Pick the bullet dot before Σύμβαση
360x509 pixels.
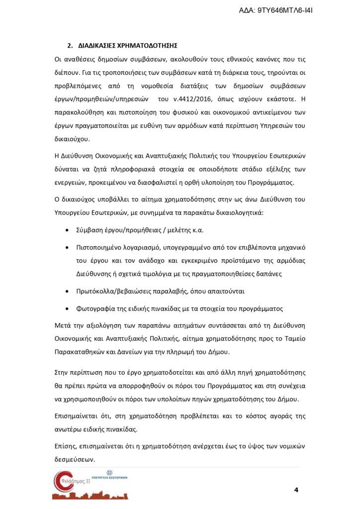pos(67,231)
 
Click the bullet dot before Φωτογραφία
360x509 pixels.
pos(67,309)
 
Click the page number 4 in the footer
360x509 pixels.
pos(296,490)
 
